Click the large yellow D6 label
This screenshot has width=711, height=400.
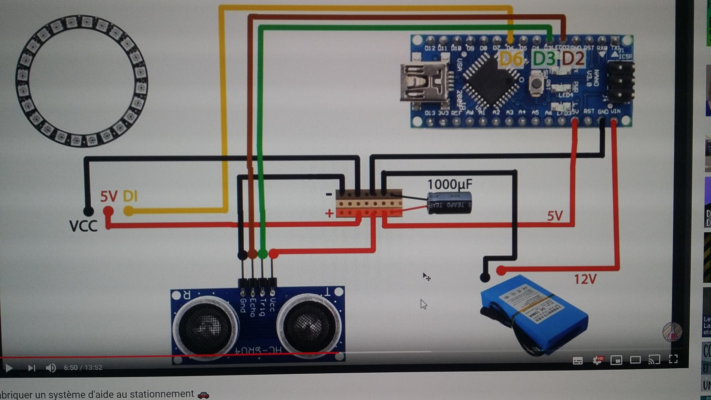(511, 59)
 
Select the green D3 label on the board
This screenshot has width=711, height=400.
(544, 59)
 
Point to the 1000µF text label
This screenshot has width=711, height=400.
(450, 184)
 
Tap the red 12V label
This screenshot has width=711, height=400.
(585, 279)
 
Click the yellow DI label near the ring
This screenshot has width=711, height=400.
(130, 196)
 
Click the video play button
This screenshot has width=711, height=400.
(9, 368)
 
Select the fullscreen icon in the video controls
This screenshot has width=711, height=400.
(673, 359)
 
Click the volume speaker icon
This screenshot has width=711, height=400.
(51, 368)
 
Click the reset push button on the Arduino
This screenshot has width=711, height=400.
(536, 84)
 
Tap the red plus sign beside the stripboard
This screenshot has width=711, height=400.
(329, 214)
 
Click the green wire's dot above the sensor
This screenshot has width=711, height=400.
(262, 254)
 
